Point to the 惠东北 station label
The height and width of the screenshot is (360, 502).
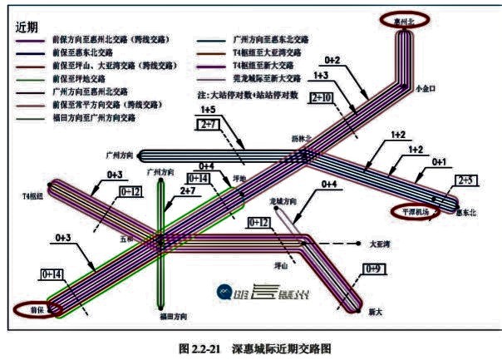[x=466, y=214]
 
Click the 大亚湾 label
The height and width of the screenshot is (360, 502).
[x=379, y=244]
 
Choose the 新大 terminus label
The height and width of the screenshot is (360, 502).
[x=376, y=311]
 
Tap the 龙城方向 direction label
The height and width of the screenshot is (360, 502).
[x=283, y=201]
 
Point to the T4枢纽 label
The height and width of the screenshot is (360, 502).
[x=32, y=197]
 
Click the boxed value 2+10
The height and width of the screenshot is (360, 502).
[x=322, y=97]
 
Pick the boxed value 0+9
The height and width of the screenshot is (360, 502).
[x=374, y=269]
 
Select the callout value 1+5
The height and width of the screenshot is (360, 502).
[x=208, y=110]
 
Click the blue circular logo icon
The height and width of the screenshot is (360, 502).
[x=223, y=291]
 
